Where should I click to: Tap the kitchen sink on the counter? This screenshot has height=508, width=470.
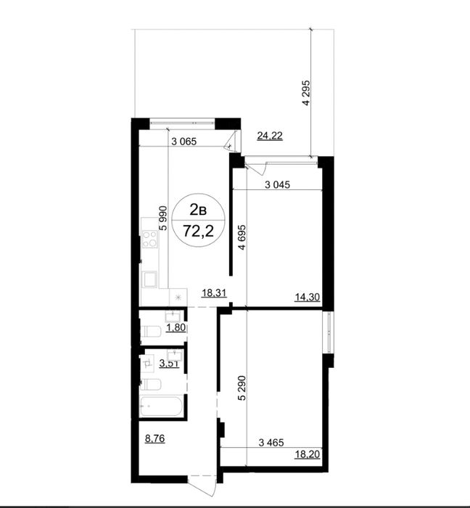click(x=149, y=279)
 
